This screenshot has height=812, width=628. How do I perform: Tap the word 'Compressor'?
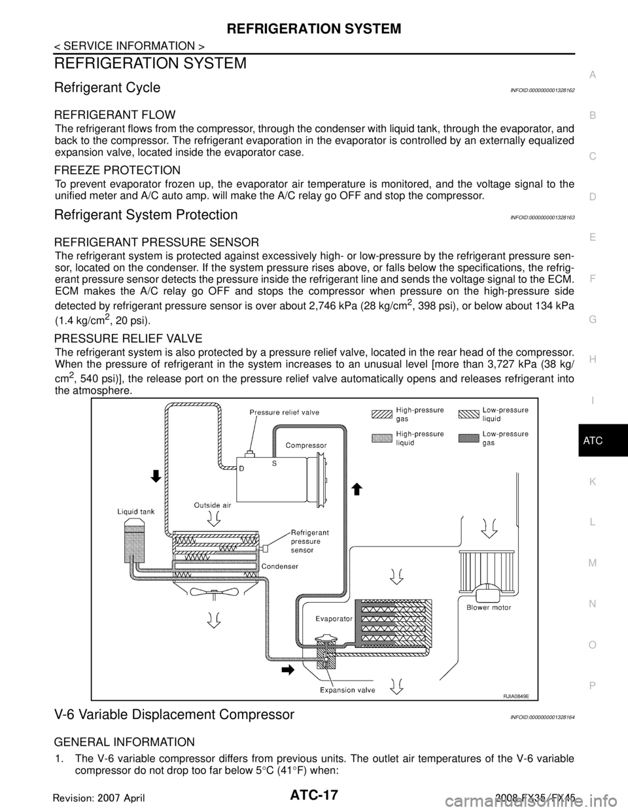coord(306,445)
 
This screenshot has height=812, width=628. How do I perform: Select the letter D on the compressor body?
coord(242,469)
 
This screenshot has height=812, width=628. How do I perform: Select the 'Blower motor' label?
coord(489,607)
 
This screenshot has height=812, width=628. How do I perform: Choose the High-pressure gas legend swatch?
coord(380,414)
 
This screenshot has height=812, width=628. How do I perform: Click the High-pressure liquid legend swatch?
coord(380,438)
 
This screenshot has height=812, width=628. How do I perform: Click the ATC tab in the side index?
coord(591,441)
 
